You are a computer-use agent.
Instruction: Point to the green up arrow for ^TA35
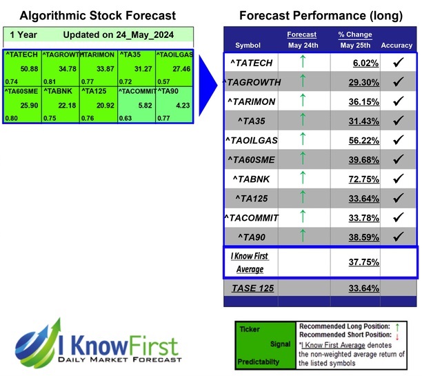pos(302,121)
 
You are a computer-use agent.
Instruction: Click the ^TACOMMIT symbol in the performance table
pos(252,218)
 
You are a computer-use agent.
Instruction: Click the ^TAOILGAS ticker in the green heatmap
pos(174,54)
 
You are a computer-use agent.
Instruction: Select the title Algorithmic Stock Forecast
pos(98,15)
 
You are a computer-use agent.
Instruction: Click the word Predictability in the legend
pos(259,360)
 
